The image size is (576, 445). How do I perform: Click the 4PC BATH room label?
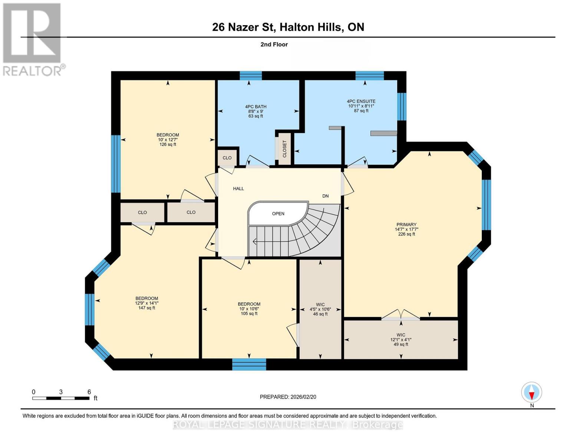pyautogui.click(x=256, y=106)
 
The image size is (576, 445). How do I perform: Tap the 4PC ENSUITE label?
pyautogui.click(x=361, y=101)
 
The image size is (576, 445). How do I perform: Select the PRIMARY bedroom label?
pyautogui.click(x=407, y=224)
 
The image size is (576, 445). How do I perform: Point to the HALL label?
pyautogui.click(x=238, y=188)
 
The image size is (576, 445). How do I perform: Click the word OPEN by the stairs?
pyautogui.click(x=278, y=213)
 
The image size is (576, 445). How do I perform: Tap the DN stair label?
pyautogui.click(x=325, y=196)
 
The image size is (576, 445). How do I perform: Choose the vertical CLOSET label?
pyautogui.click(x=284, y=149)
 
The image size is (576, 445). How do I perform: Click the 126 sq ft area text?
pyautogui.click(x=168, y=145)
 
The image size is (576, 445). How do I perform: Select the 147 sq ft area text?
pyautogui.click(x=147, y=308)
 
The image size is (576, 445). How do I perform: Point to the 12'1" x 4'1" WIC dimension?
pyautogui.click(x=401, y=340)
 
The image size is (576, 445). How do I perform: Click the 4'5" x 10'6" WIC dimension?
pyautogui.click(x=320, y=309)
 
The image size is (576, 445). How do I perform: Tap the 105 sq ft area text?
pyautogui.click(x=249, y=314)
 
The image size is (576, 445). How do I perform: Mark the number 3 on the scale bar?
pyautogui.click(x=61, y=392)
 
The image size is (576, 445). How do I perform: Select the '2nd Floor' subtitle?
pyautogui.click(x=274, y=44)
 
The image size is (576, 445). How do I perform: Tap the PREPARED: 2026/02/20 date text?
pyautogui.click(x=288, y=397)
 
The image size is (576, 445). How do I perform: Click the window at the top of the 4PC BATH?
pyautogui.click(x=251, y=76)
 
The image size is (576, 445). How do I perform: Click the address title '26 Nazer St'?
pyautogui.click(x=243, y=27)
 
